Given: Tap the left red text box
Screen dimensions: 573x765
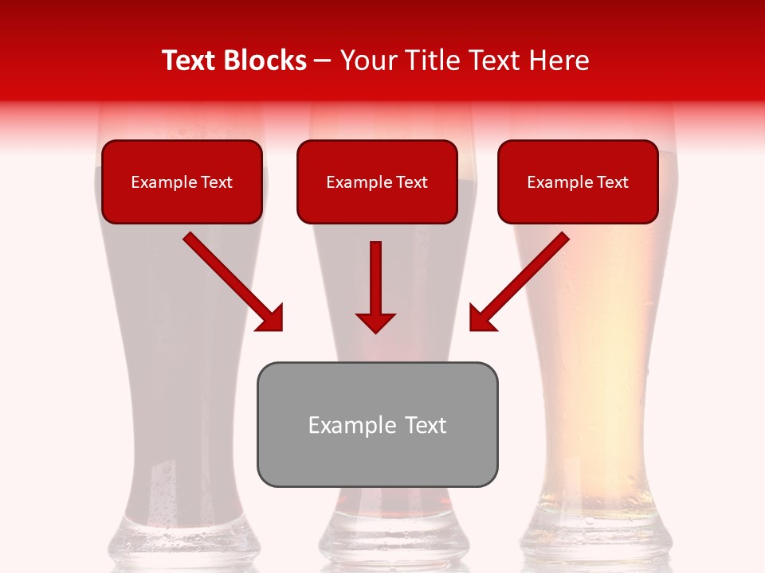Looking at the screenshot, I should pos(182,182).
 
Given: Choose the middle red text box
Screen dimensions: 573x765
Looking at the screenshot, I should pos(377,182).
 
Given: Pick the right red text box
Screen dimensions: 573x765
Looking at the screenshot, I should pos(578,182).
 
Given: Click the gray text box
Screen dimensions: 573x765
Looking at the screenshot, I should pos(377,424).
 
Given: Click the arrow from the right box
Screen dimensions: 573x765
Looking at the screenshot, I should pos(523,278).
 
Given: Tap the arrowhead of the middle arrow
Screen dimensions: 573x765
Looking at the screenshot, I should pos(376,322).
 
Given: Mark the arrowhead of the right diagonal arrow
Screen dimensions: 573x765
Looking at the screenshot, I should pos(481,318).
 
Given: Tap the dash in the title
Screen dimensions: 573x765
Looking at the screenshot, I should pos(324,60).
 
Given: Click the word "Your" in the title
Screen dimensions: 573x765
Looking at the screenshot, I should pos(365,60).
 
